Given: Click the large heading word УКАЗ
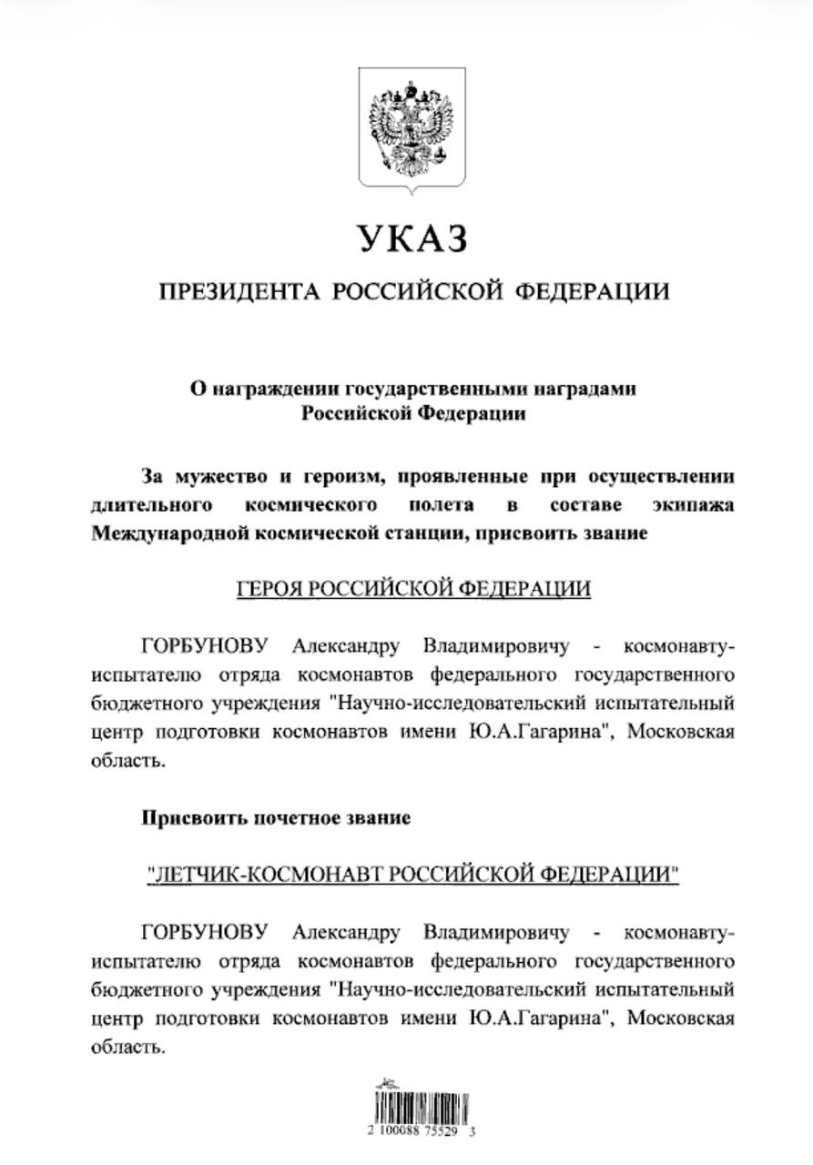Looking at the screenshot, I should pos(412,238).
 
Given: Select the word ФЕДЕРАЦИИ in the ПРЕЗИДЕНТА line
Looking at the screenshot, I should pos(592,291).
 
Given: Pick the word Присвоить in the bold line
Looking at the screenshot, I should pos(188,817).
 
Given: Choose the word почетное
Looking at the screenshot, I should pos(288,817).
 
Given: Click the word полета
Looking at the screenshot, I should pos(441,504).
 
